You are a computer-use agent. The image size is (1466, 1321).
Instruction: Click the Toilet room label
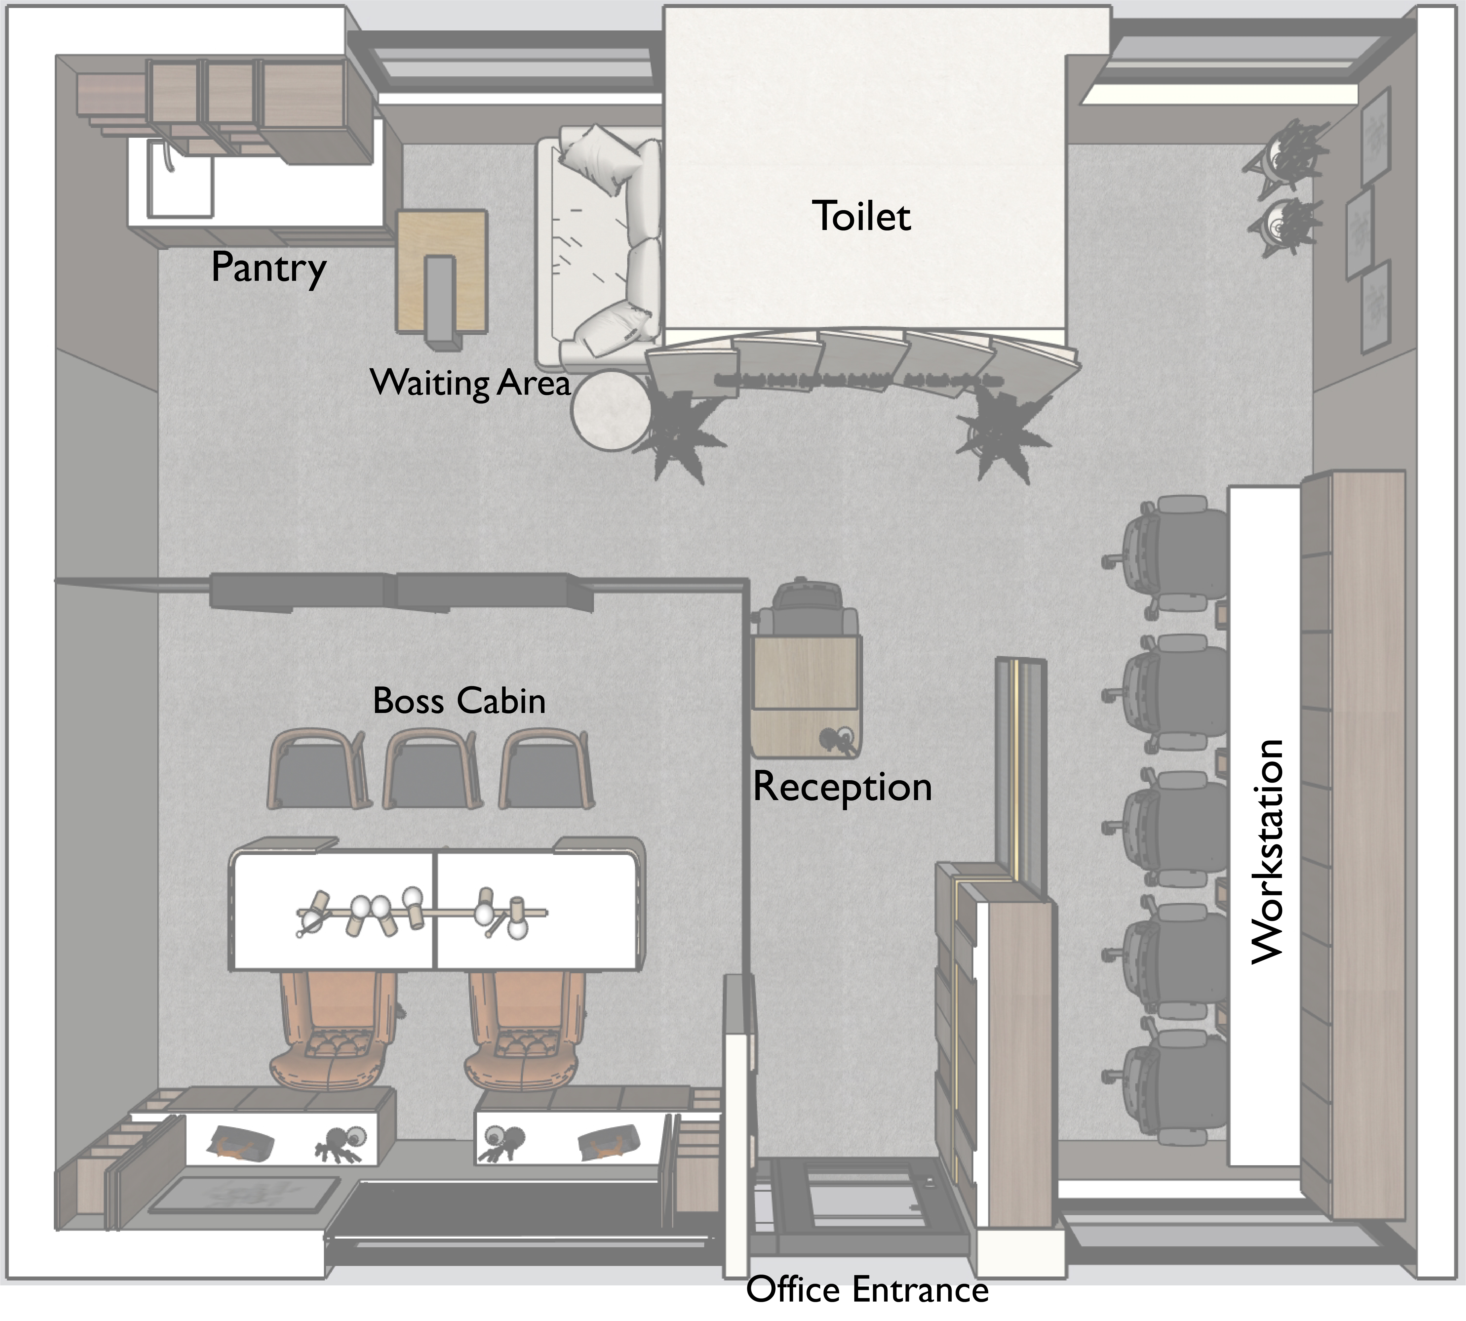(861, 216)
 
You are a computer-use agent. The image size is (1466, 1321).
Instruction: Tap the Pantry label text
(268, 267)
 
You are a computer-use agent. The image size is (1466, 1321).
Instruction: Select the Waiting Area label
(470, 382)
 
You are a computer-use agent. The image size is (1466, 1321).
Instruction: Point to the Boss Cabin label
(458, 700)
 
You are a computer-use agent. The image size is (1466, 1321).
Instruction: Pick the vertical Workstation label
(1268, 851)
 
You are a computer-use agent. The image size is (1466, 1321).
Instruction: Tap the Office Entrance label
(867, 1289)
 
